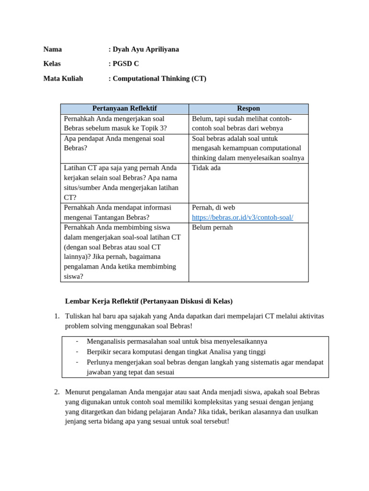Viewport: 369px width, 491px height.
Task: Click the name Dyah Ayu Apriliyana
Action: (x=146, y=49)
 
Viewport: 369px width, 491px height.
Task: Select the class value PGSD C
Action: (x=125, y=64)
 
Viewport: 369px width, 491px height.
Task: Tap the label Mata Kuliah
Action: (x=63, y=79)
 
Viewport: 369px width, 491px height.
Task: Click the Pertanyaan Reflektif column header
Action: (x=124, y=109)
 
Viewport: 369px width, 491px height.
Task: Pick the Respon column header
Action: (x=248, y=109)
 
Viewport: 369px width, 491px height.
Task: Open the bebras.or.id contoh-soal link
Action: (x=242, y=218)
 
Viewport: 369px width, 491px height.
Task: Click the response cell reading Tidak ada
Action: (x=206, y=168)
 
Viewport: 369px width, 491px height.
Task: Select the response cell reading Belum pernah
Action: (x=212, y=228)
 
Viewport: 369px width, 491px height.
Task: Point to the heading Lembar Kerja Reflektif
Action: (x=148, y=302)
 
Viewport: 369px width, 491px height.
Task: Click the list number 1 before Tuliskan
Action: (x=56, y=316)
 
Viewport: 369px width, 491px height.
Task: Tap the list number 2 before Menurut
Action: (x=56, y=392)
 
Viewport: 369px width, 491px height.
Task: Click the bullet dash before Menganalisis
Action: (x=77, y=341)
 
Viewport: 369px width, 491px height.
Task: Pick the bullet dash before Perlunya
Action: (x=77, y=362)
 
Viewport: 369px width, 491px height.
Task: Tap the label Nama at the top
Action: (x=52, y=49)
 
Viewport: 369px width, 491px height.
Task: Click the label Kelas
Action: (x=52, y=64)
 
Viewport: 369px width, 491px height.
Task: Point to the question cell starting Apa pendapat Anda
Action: (x=114, y=143)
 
